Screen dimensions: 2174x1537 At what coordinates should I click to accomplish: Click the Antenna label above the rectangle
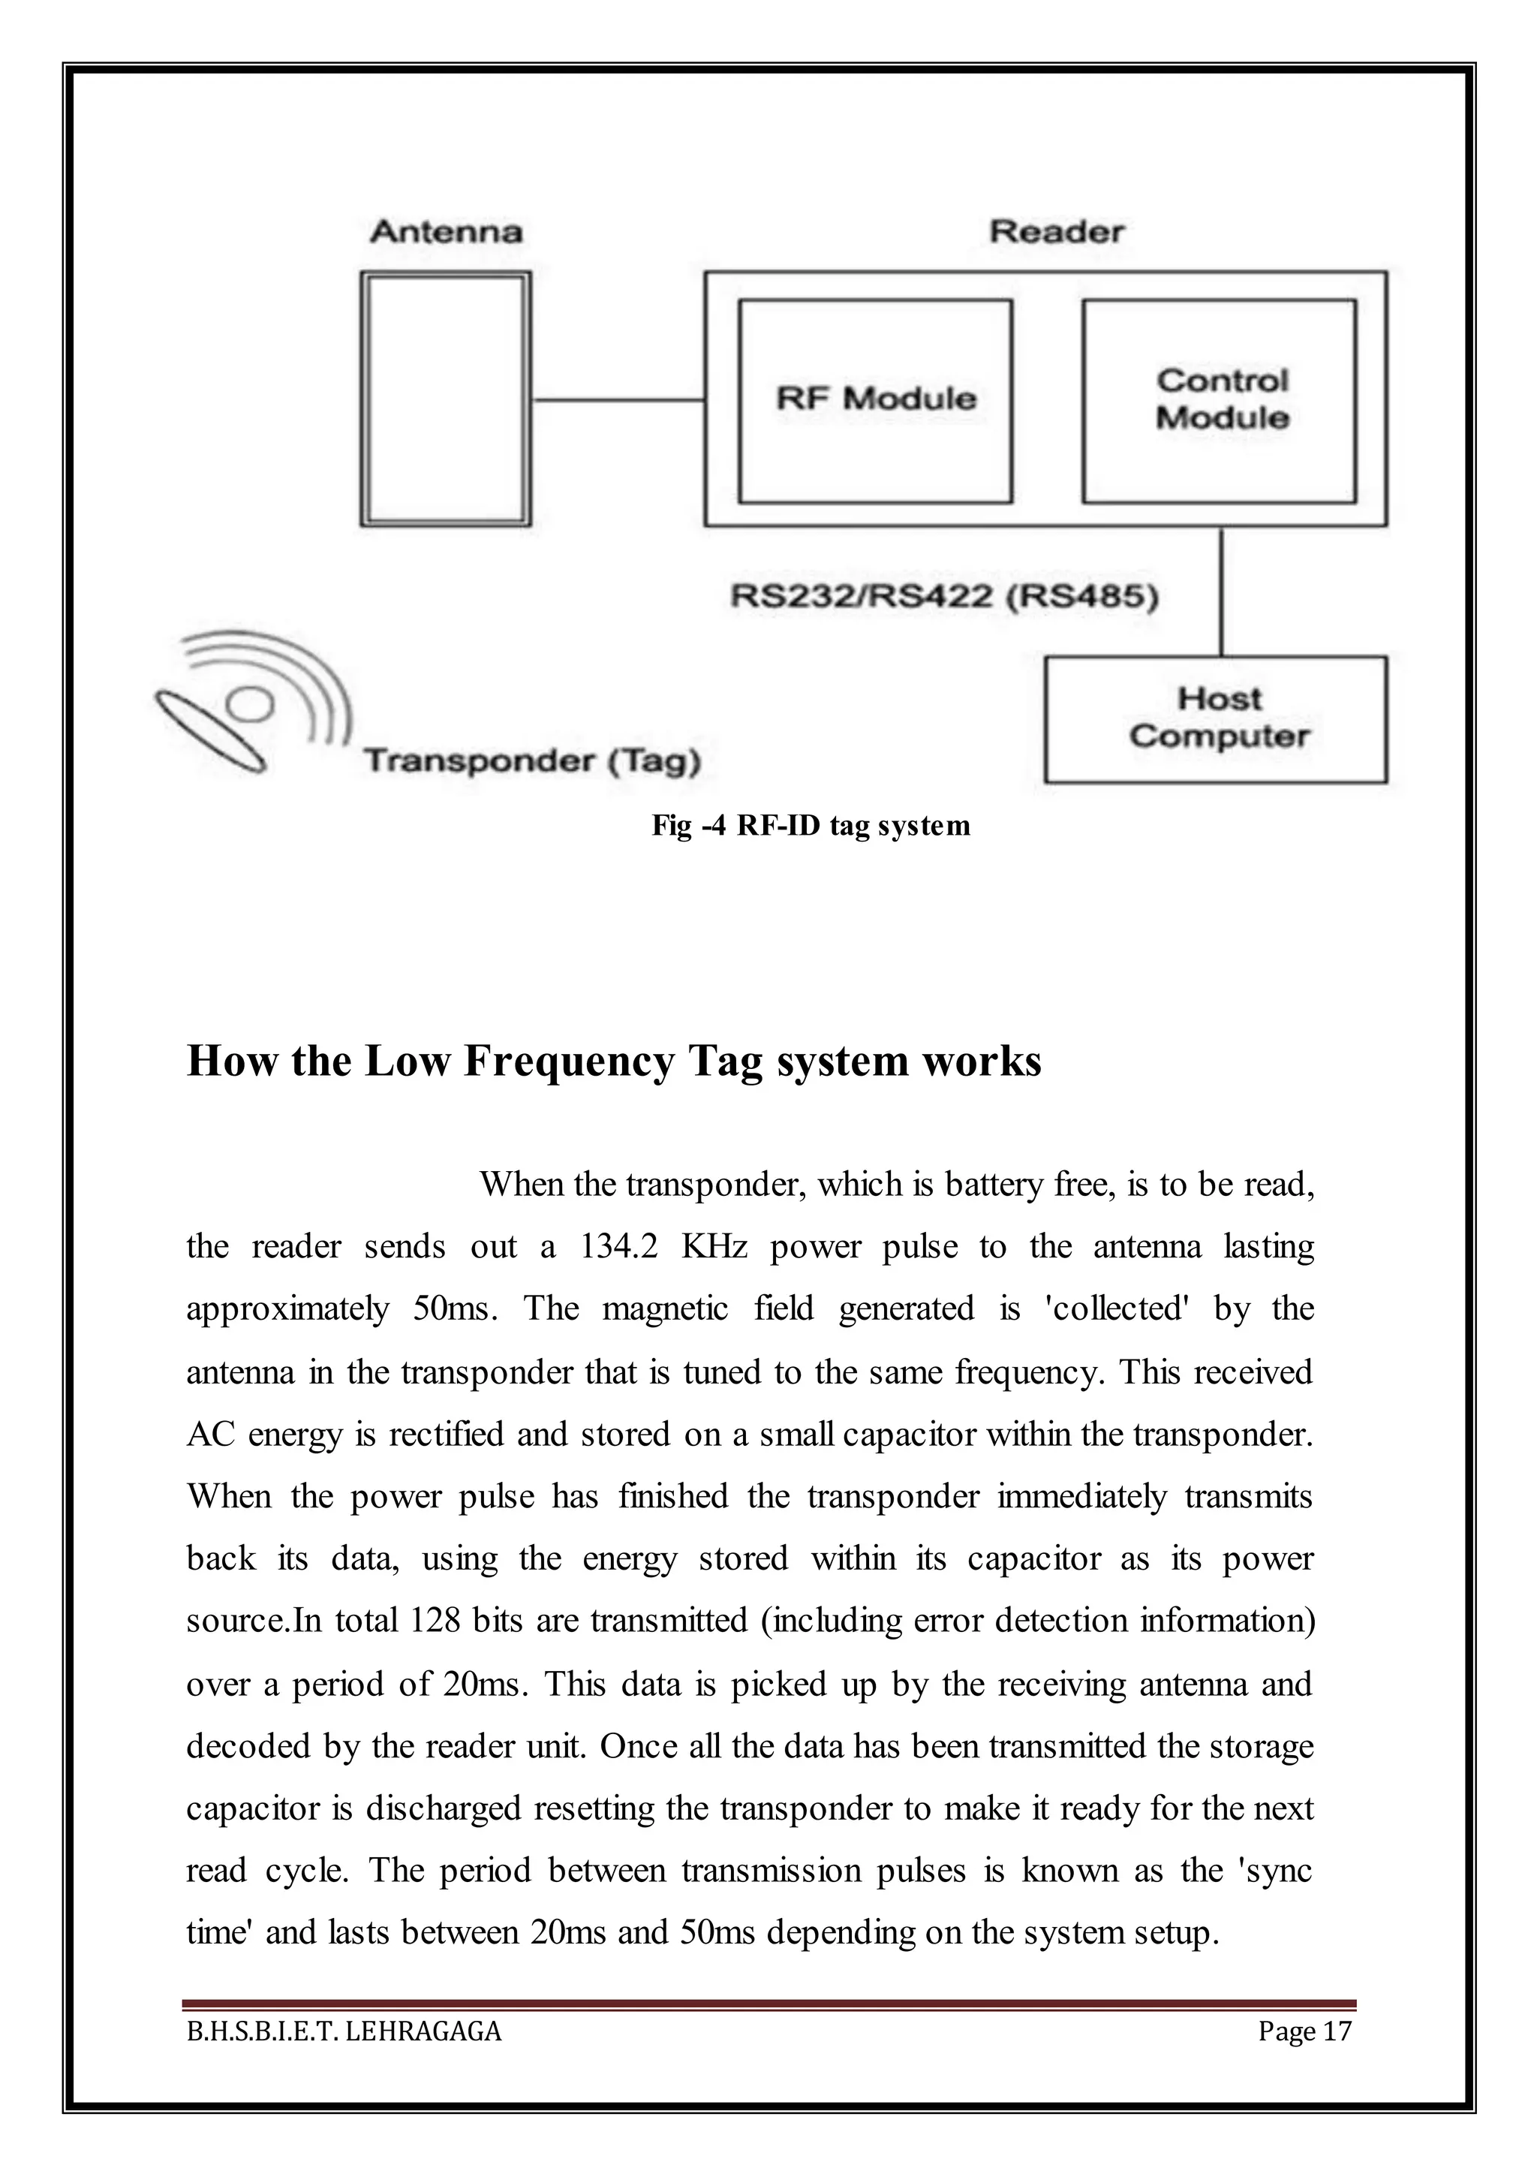click(x=446, y=232)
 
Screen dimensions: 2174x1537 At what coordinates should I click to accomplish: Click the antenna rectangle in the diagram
click(x=445, y=399)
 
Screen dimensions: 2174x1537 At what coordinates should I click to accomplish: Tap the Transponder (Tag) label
click(x=532, y=760)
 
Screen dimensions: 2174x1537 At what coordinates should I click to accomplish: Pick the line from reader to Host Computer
click(x=1221, y=591)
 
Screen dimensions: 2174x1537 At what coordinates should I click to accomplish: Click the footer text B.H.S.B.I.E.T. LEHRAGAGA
click(x=344, y=2031)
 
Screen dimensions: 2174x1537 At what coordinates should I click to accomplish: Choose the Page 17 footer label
click(x=1304, y=2031)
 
